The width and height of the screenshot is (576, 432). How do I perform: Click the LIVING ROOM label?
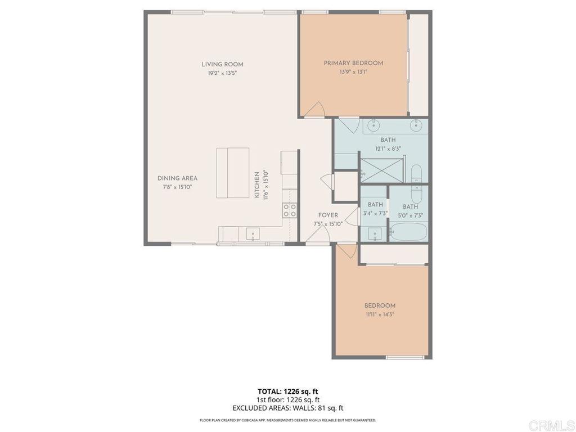pyautogui.click(x=223, y=64)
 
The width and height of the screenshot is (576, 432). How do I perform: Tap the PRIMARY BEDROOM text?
pyautogui.click(x=353, y=63)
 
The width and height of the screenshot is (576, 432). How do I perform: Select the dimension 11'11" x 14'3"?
pyautogui.click(x=380, y=314)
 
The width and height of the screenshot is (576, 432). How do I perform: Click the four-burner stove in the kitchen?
pyautogui.click(x=290, y=210)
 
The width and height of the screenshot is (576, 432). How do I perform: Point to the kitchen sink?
pyautogui.click(x=253, y=233)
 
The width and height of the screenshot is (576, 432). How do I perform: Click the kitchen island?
pyautogui.click(x=233, y=173)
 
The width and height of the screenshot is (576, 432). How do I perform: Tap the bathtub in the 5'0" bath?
pyautogui.click(x=408, y=232)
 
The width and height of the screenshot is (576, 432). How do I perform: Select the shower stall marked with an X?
pyautogui.click(x=382, y=170)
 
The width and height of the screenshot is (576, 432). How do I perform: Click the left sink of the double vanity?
pyautogui.click(x=372, y=125)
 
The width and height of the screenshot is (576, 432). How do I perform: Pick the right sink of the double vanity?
pyautogui.click(x=417, y=125)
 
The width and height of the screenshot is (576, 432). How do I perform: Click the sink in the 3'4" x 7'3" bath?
pyautogui.click(x=375, y=233)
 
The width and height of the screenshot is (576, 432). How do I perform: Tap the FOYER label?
pyautogui.click(x=328, y=215)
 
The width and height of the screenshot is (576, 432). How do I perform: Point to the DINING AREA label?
pyautogui.click(x=177, y=178)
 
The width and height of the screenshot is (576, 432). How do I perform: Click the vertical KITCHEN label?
pyautogui.click(x=256, y=185)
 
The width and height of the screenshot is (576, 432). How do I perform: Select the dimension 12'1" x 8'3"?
pyautogui.click(x=388, y=148)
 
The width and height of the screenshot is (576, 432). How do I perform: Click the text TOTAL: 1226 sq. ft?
pyautogui.click(x=287, y=391)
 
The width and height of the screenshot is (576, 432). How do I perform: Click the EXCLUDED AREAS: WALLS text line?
pyautogui.click(x=287, y=408)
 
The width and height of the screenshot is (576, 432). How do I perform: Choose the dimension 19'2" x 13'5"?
pyautogui.click(x=223, y=73)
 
